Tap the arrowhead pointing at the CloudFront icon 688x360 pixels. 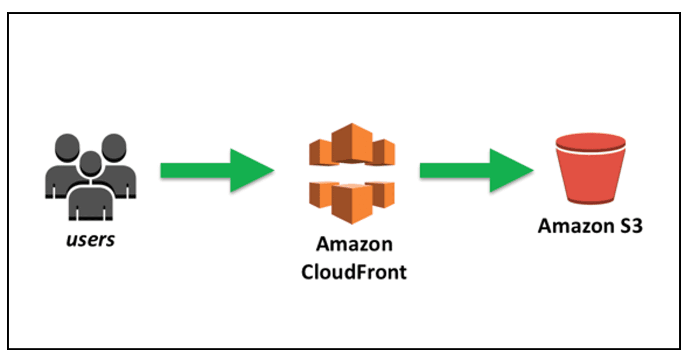251,170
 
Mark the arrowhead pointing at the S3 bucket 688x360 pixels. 511,170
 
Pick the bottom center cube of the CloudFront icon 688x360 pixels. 352,201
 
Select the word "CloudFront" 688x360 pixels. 354,272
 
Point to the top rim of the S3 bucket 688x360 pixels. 590,141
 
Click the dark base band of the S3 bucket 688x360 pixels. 590,201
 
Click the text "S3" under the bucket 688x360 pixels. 630,225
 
